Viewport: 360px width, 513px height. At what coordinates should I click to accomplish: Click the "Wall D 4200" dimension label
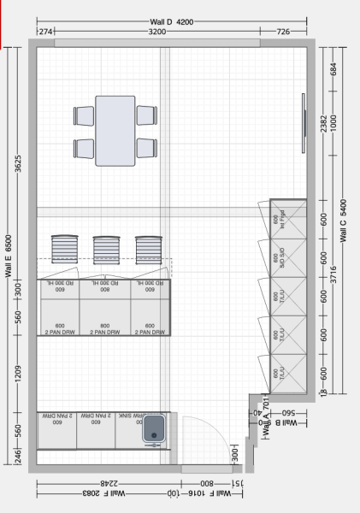click(x=174, y=21)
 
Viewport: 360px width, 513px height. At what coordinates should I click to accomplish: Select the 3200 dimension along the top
click(x=156, y=32)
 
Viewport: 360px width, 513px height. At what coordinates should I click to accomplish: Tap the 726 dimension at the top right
click(x=284, y=32)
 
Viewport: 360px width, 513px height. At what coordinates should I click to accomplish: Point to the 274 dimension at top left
click(x=45, y=32)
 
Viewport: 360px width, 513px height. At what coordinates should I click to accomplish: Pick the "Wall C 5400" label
click(x=344, y=223)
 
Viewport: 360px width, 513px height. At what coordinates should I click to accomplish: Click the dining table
click(x=115, y=131)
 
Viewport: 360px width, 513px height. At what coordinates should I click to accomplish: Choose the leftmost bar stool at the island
click(x=66, y=250)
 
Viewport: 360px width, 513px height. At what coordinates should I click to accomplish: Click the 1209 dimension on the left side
click(x=19, y=374)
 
